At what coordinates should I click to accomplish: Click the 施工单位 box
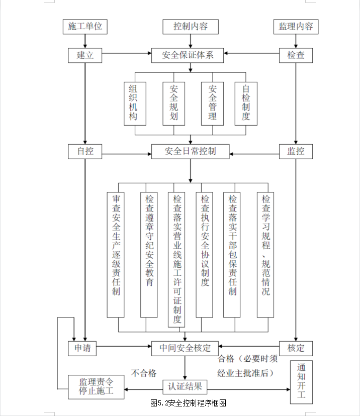pyautogui.click(x=85, y=27)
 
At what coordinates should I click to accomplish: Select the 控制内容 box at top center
pyautogui.click(x=191, y=27)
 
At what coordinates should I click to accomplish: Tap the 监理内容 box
pyautogui.click(x=296, y=27)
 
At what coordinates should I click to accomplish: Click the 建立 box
pyautogui.click(x=85, y=55)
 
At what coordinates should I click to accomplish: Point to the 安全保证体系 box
pyautogui.click(x=188, y=55)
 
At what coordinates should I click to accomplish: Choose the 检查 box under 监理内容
pyautogui.click(x=296, y=55)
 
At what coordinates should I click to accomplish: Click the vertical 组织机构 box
pyautogui.click(x=135, y=103)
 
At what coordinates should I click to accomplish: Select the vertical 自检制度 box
pyautogui.click(x=246, y=103)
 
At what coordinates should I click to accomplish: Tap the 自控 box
pyautogui.click(x=85, y=152)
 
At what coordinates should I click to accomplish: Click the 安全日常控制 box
pyautogui.click(x=191, y=152)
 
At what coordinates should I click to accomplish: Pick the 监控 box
pyautogui.click(x=296, y=152)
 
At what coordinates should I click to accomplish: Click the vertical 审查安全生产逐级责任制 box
pyautogui.click(x=116, y=255)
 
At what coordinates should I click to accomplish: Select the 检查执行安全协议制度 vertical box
pyautogui.click(x=205, y=255)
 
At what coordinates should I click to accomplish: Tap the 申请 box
pyautogui.click(x=82, y=348)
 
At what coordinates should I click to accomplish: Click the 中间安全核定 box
pyautogui.click(x=185, y=348)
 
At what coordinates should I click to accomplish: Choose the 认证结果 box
pyautogui.click(x=185, y=387)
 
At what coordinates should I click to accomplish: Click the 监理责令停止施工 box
pyautogui.click(x=96, y=387)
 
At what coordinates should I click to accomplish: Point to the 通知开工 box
pyautogui.click(x=302, y=382)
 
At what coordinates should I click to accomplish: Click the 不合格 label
pyautogui.click(x=144, y=373)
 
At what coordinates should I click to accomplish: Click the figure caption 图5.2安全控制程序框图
pyautogui.click(x=188, y=403)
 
